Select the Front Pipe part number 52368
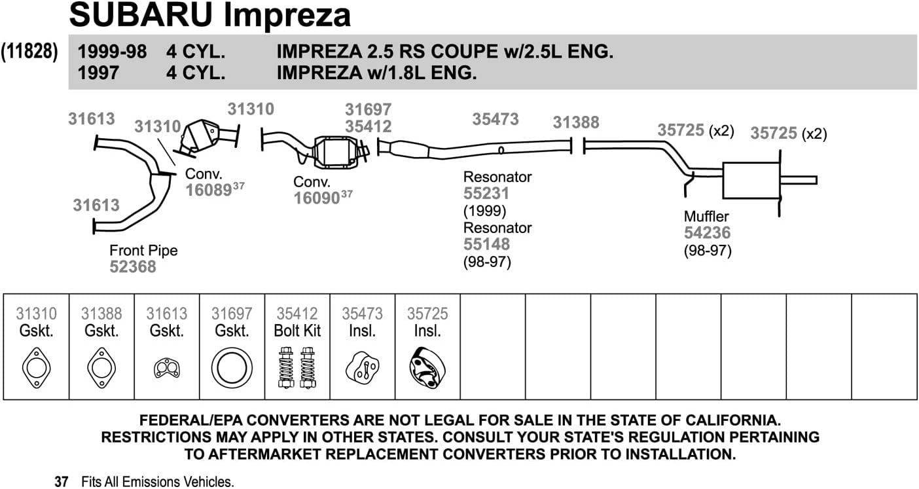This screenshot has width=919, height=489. [133, 266]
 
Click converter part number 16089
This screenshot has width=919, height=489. [209, 190]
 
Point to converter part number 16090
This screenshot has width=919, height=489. [317, 198]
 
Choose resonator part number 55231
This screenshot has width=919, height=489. [486, 194]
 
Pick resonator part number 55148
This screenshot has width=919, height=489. [486, 244]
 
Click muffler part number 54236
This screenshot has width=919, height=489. [707, 232]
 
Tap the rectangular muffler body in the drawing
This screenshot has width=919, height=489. [750, 180]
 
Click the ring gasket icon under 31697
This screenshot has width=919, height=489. [232, 368]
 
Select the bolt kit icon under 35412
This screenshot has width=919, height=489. [297, 368]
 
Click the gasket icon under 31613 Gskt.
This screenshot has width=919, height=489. [167, 369]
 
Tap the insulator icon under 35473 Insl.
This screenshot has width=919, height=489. [362, 368]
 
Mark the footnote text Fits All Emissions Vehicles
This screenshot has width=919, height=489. [157, 482]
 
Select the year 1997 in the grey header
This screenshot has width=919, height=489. [98, 73]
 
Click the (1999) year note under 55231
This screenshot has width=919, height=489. [484, 211]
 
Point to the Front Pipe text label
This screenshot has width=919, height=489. [143, 251]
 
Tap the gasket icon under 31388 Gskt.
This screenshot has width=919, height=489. [101, 368]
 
